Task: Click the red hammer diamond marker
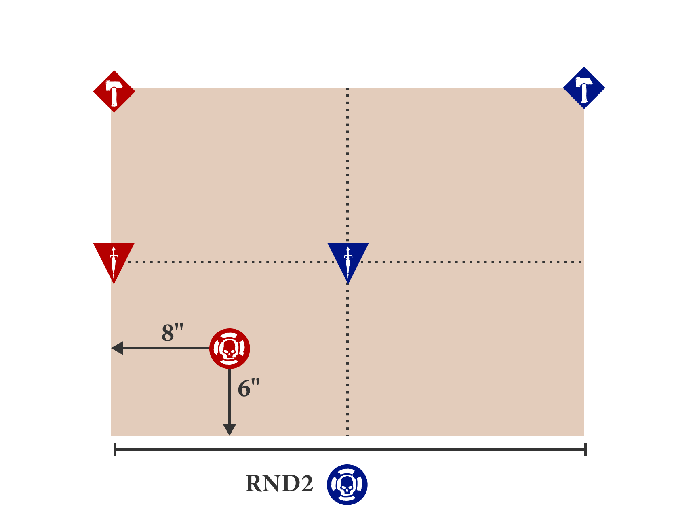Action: tap(114, 91)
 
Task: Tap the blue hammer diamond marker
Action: tap(584, 88)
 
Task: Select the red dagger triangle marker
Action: tap(114, 259)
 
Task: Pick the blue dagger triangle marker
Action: tap(348, 259)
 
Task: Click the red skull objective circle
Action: tap(230, 349)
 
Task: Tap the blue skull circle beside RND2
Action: tap(347, 485)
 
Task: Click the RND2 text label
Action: tap(279, 483)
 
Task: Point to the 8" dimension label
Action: tap(173, 333)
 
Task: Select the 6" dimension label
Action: tap(249, 388)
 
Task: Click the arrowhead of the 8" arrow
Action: tap(117, 348)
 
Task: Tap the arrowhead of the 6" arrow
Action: tap(230, 430)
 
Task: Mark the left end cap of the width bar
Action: tap(115, 449)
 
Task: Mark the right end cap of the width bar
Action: tap(585, 449)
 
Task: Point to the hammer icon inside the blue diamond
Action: tap(584, 89)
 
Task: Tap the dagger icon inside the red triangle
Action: tap(114, 261)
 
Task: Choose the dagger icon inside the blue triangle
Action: tap(348, 261)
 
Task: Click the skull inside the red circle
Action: tap(229, 349)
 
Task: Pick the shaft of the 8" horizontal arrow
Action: tap(166, 348)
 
